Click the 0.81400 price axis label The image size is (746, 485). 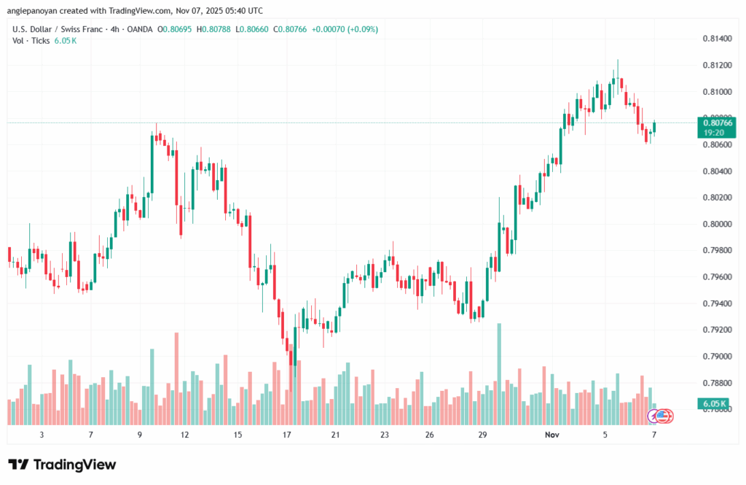(x=718, y=39)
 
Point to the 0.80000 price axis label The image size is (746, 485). (x=718, y=224)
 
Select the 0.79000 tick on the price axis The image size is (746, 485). (x=718, y=357)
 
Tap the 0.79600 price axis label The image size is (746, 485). (x=718, y=277)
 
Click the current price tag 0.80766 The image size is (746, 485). (x=718, y=123)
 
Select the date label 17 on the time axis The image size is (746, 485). (x=286, y=435)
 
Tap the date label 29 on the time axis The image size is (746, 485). (x=482, y=435)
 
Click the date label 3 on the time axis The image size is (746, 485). (x=42, y=435)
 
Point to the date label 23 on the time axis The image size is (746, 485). (x=384, y=435)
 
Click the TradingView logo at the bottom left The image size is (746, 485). (x=62, y=465)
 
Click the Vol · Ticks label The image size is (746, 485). (x=30, y=40)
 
